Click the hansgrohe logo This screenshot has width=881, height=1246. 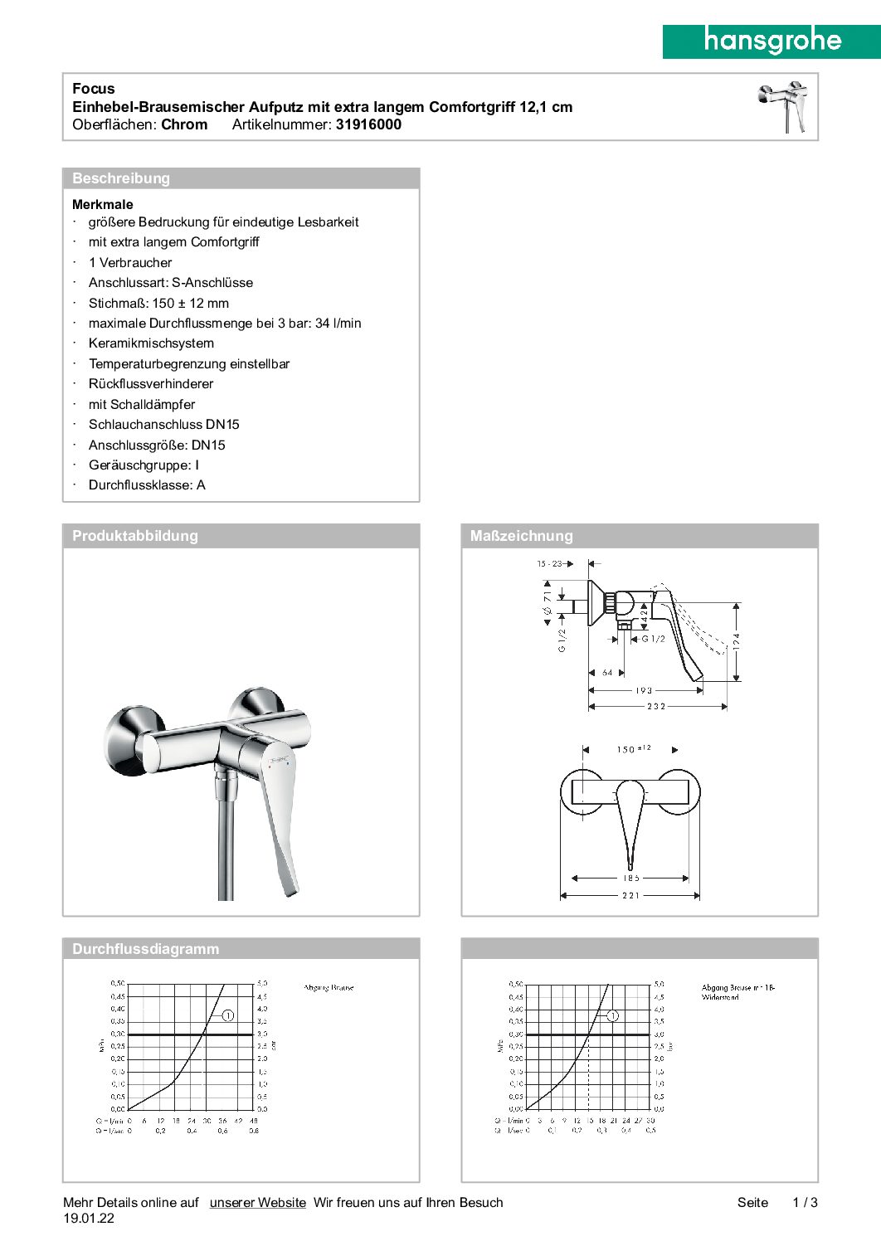pyautogui.click(x=771, y=41)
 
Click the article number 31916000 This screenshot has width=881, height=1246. pyautogui.click(x=368, y=125)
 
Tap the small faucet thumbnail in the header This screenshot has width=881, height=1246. pyautogui.click(x=783, y=107)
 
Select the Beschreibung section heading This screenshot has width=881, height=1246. pyautogui.click(x=121, y=178)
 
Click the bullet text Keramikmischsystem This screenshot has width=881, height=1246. pyautogui.click(x=151, y=343)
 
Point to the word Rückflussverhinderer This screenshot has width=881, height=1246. pyautogui.click(x=151, y=384)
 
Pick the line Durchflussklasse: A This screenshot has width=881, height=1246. pyautogui.click(x=147, y=485)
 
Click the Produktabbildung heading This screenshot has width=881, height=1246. pyautogui.click(x=135, y=536)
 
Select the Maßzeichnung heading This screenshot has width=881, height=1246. pyautogui.click(x=521, y=536)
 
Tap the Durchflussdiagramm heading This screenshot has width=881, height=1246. pyautogui.click(x=146, y=949)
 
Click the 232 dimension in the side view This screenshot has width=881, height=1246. pyautogui.click(x=656, y=707)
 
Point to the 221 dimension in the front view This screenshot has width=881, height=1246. pyautogui.click(x=630, y=896)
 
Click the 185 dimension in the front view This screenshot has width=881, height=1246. pyautogui.click(x=631, y=878)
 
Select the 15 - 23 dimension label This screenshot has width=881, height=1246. pyautogui.click(x=549, y=564)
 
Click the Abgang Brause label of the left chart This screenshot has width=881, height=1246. pyautogui.click(x=329, y=988)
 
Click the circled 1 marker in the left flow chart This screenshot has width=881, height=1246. pyautogui.click(x=228, y=1015)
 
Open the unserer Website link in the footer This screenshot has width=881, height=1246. pyautogui.click(x=258, y=1203)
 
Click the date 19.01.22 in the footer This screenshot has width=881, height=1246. pyautogui.click(x=89, y=1219)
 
